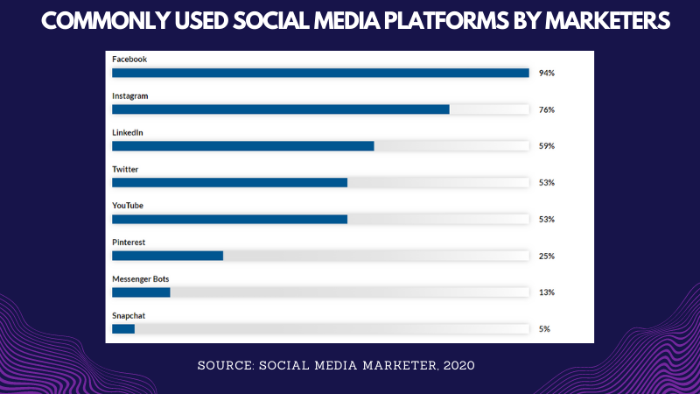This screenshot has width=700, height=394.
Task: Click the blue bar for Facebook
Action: [x=320, y=73]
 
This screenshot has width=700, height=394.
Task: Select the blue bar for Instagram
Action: [x=280, y=109]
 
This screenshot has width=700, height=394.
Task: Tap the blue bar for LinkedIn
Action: [x=242, y=145]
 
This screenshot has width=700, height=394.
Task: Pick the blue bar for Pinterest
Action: [x=167, y=256]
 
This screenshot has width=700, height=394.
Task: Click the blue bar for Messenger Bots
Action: [x=141, y=292]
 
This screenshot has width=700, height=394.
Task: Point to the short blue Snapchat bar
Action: [x=123, y=328]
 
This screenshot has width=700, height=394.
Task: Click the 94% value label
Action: [x=547, y=74]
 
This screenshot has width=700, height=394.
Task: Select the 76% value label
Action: [x=547, y=110]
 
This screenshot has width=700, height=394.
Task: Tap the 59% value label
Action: [x=547, y=146]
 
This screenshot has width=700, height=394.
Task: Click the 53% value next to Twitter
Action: [x=547, y=183]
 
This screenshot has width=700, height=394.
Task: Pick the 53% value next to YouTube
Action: [x=547, y=219]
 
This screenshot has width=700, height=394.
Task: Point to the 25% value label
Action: [x=547, y=257]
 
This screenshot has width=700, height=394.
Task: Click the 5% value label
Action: [x=544, y=329]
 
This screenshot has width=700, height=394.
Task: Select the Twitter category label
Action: [x=125, y=169]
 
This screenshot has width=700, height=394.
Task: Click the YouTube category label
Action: [x=128, y=205]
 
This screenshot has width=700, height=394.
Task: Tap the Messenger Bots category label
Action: [x=139, y=278]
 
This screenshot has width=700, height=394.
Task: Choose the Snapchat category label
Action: [x=129, y=314]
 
